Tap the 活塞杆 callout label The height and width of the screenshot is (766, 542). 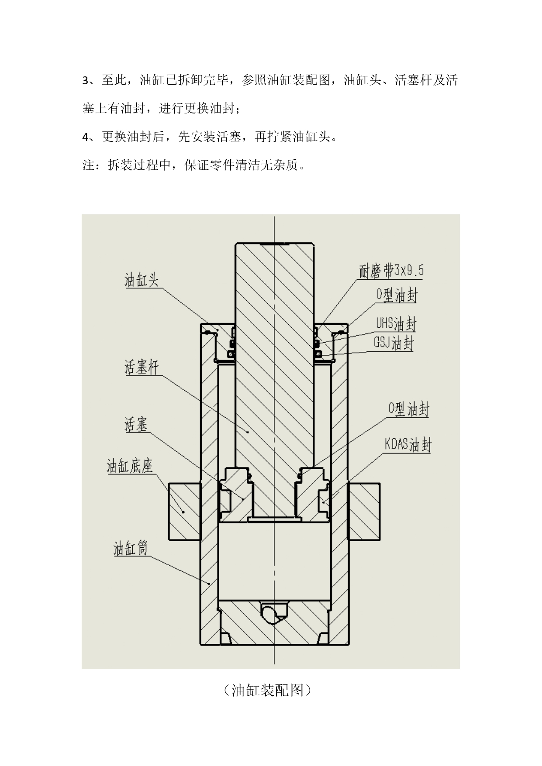[142, 368]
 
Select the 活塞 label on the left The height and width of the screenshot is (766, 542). [136, 424]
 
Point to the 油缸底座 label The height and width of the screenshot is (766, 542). [130, 466]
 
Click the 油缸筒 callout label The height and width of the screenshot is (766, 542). [131, 548]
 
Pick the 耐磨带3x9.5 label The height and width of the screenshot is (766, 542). [391, 271]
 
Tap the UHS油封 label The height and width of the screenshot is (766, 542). [396, 324]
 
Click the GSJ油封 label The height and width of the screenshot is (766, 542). [393, 343]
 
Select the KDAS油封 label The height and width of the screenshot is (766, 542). [408, 445]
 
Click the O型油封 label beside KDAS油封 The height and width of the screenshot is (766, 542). [409, 409]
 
